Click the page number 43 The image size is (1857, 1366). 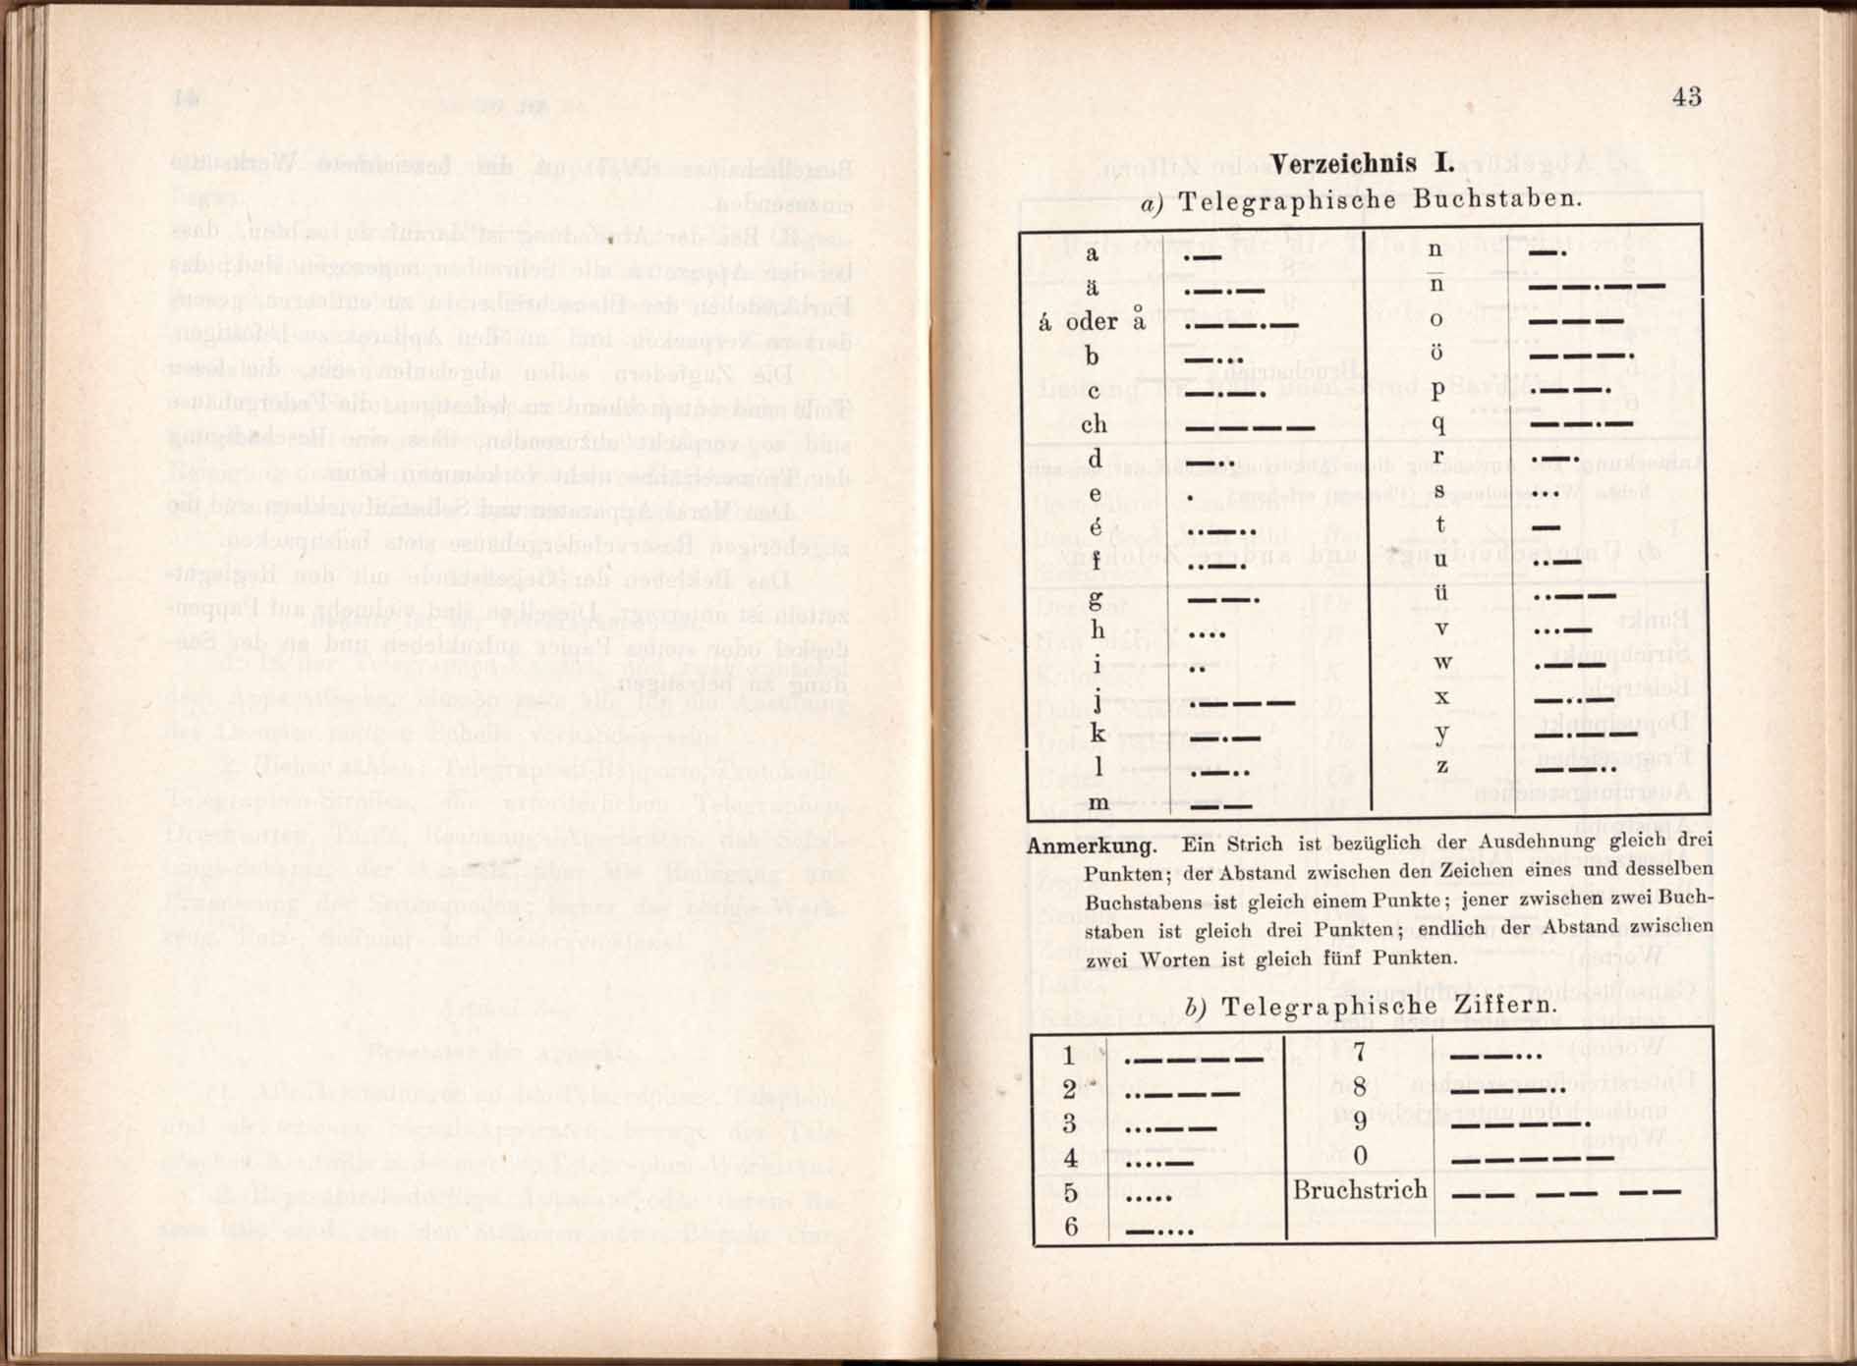click(x=1686, y=96)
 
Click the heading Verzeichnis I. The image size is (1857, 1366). click(x=1361, y=163)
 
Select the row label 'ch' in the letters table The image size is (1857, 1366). click(x=1094, y=424)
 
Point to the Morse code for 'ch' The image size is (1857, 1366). click(x=1250, y=427)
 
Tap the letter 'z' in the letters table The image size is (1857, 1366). click(x=1441, y=765)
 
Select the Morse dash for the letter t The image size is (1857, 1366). click(x=1546, y=527)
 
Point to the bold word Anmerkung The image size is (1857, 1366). click(x=1091, y=846)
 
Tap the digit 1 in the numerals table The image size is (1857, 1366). click(x=1069, y=1057)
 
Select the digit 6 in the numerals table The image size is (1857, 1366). click(x=1071, y=1226)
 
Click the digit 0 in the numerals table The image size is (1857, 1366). click(x=1360, y=1156)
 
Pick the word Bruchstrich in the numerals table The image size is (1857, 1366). click(x=1360, y=1190)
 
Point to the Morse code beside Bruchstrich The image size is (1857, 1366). click(x=1566, y=1193)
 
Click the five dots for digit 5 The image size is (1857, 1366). click(x=1149, y=1197)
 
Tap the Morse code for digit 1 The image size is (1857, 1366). click(x=1193, y=1060)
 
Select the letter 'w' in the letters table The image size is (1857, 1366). click(x=1442, y=662)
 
